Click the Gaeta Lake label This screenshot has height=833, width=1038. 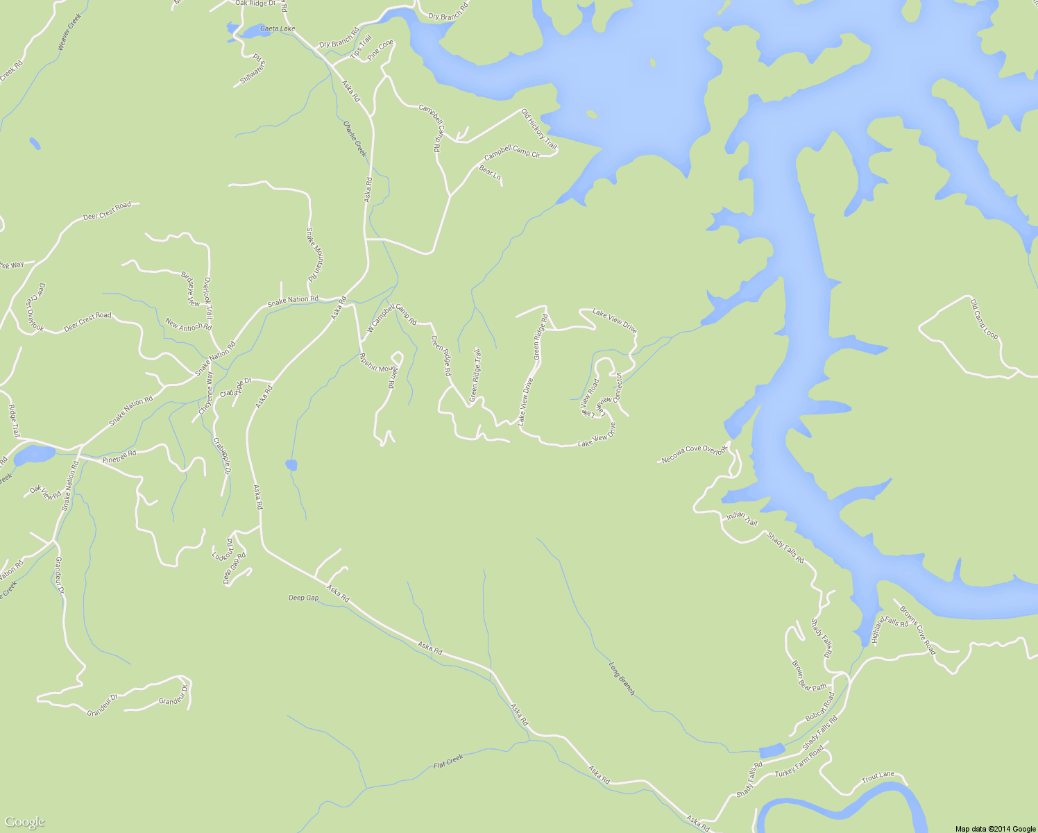277,28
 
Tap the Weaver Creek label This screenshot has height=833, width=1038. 69,31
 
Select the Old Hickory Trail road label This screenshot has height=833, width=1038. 539,129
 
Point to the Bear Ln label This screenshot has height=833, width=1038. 490,173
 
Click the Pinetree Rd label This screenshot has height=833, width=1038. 119,456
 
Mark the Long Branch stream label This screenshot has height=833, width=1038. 622,678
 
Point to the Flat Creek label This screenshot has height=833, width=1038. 448,762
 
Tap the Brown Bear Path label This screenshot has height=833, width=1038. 810,675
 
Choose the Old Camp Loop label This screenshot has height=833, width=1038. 985,319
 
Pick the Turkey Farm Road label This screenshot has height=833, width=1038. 799,762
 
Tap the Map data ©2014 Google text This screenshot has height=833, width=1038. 995,828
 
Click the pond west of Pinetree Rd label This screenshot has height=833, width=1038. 33,455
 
